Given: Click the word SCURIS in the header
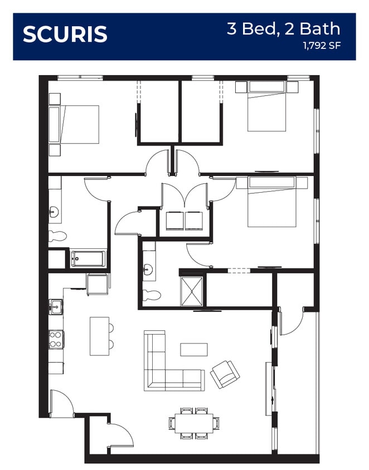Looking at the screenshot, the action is pos(65,34).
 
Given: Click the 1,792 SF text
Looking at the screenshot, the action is pos(322,46).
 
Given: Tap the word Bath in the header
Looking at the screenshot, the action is pos(320,29).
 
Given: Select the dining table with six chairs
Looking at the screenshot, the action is pos(194,423).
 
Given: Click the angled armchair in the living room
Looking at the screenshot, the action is pos(225,375).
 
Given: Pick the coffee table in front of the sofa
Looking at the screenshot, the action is pos(194,350).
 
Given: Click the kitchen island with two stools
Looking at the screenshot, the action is pos(101,336).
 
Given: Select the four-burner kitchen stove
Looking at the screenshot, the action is pos(56,339).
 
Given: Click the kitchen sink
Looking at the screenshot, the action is pos(56,307).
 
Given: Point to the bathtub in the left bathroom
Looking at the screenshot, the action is pos(88,259).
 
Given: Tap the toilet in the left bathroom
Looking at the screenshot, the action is pos(57,236).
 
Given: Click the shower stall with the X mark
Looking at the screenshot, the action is pos(192,292).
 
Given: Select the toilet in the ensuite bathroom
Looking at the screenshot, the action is pos(152,295).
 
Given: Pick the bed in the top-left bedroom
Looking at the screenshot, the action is pos(74,124).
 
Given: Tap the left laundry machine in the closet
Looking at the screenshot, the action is pos(174,221).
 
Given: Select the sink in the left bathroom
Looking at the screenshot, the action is pos(54,213).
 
